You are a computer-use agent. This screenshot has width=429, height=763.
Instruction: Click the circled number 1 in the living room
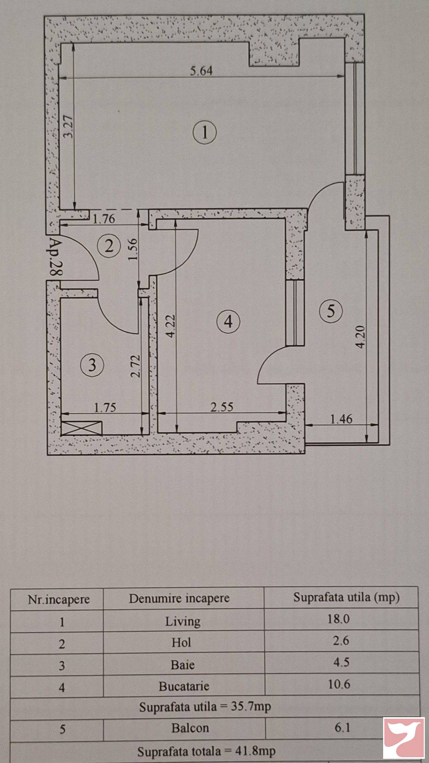point(204,133)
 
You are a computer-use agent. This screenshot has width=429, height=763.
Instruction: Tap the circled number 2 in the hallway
point(109,246)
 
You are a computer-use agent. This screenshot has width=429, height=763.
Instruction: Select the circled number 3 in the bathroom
point(92,365)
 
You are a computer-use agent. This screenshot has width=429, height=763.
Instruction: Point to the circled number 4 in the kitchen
point(228,322)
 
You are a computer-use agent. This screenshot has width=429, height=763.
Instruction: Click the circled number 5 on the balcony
point(331,311)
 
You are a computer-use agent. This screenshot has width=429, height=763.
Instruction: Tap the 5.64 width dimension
point(201,71)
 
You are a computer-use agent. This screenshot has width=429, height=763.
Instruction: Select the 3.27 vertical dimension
point(69,127)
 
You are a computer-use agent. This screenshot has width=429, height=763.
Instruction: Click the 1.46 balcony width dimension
point(341,418)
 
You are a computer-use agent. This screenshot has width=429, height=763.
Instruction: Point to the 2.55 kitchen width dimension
point(221,407)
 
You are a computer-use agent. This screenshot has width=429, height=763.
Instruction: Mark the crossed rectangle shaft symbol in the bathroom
point(81,428)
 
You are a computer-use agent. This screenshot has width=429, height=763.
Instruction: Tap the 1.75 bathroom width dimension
point(105,408)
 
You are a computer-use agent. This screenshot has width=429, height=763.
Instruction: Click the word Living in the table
point(183,622)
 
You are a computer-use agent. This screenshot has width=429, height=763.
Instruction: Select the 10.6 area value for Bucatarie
point(339,684)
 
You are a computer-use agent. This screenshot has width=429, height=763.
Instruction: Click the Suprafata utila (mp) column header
point(346,597)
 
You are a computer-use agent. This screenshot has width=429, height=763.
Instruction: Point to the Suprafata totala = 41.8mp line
point(206,751)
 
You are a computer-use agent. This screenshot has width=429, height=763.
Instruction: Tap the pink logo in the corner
point(404,738)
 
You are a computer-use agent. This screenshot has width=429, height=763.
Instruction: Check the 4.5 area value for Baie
point(341,662)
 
